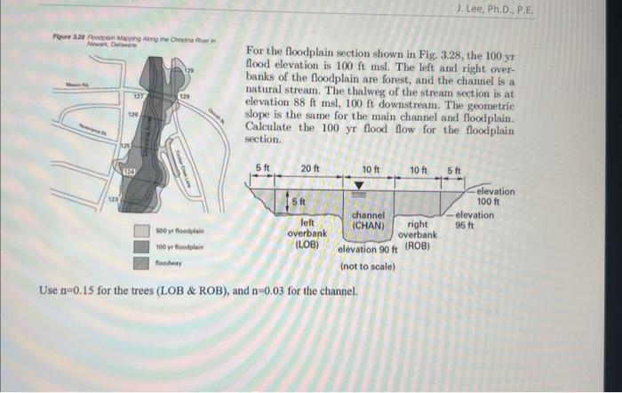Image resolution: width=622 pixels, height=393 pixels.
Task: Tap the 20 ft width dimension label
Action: coord(311,170)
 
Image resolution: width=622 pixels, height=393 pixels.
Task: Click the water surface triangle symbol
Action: coord(359,186)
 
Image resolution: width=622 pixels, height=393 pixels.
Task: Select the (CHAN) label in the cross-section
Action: coord(367,226)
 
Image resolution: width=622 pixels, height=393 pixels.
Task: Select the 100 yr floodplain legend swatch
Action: coord(141,247)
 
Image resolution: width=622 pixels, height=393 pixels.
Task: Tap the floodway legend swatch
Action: coord(141,263)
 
